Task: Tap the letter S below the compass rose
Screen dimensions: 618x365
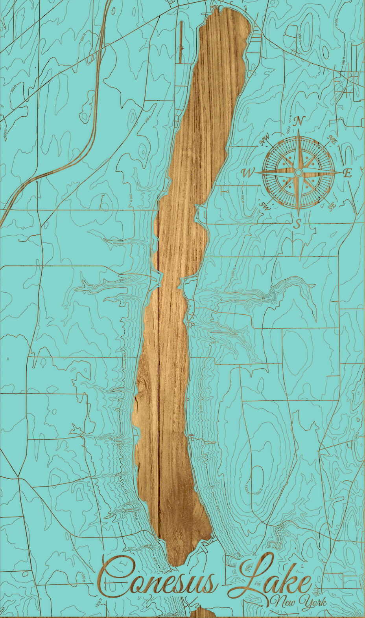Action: (x=298, y=224)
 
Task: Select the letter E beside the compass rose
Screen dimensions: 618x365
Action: (x=347, y=173)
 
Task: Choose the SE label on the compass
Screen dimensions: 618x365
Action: (x=332, y=205)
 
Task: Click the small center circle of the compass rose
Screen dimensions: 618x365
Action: (x=299, y=172)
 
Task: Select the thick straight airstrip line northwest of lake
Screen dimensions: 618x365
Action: (x=181, y=41)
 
